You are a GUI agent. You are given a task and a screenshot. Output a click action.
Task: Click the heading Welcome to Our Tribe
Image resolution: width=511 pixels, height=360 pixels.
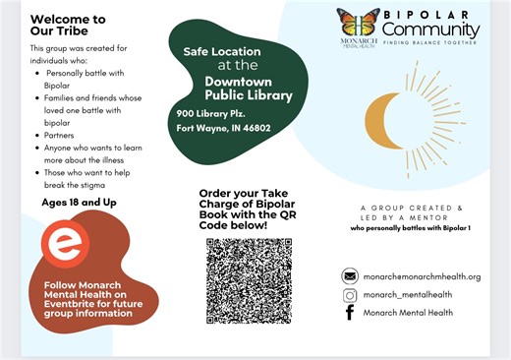click(x=68, y=26)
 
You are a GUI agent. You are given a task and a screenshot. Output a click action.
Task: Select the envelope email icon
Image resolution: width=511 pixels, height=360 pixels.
click(x=349, y=276)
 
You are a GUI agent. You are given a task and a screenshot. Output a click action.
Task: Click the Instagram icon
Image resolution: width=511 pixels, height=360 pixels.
click(x=349, y=294)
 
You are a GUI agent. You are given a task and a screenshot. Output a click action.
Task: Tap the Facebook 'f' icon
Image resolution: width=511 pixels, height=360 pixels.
click(x=349, y=313)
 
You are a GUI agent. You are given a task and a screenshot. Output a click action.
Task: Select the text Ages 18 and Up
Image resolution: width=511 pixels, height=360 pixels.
click(x=77, y=203)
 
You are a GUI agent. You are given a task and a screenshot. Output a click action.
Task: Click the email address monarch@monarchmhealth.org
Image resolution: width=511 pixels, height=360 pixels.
click(x=422, y=276)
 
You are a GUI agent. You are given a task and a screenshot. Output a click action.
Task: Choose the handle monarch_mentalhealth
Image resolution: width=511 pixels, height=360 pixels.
click(x=409, y=294)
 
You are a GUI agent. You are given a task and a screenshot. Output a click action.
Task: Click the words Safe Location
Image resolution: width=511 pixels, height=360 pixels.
click(x=222, y=50)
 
